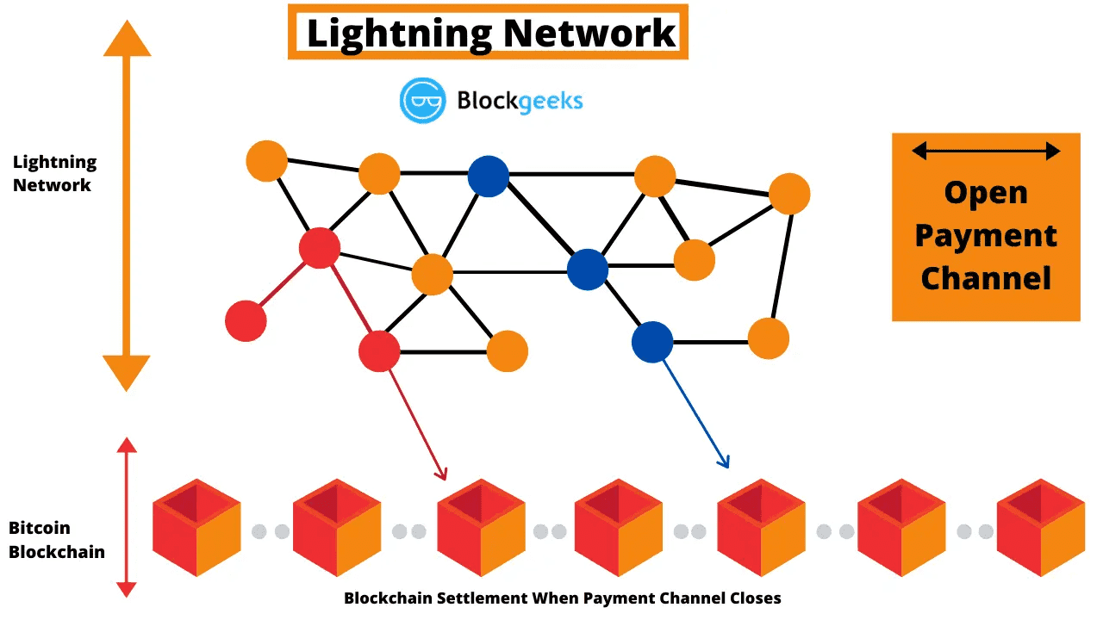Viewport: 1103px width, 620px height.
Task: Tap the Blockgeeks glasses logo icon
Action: point(422,100)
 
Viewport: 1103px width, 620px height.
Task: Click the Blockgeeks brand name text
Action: point(520,101)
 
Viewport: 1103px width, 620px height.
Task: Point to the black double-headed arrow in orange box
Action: point(986,152)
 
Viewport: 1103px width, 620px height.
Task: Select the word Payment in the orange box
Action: point(986,235)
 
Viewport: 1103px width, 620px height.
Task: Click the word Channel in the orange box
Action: point(986,278)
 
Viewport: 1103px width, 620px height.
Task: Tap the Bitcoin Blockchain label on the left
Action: point(56,540)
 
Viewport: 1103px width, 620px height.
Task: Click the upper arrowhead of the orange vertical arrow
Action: point(127,40)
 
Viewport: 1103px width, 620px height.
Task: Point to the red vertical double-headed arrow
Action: point(127,517)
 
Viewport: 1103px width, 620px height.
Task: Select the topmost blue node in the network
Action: point(489,176)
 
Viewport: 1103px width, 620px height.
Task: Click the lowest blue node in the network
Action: point(652,342)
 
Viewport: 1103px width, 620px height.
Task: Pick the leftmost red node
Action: point(246,321)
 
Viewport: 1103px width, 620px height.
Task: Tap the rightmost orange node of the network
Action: point(788,194)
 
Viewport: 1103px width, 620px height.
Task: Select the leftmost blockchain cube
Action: point(196,528)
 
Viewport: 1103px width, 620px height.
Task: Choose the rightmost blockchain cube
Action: point(1041,528)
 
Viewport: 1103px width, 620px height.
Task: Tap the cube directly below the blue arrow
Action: point(761,528)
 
